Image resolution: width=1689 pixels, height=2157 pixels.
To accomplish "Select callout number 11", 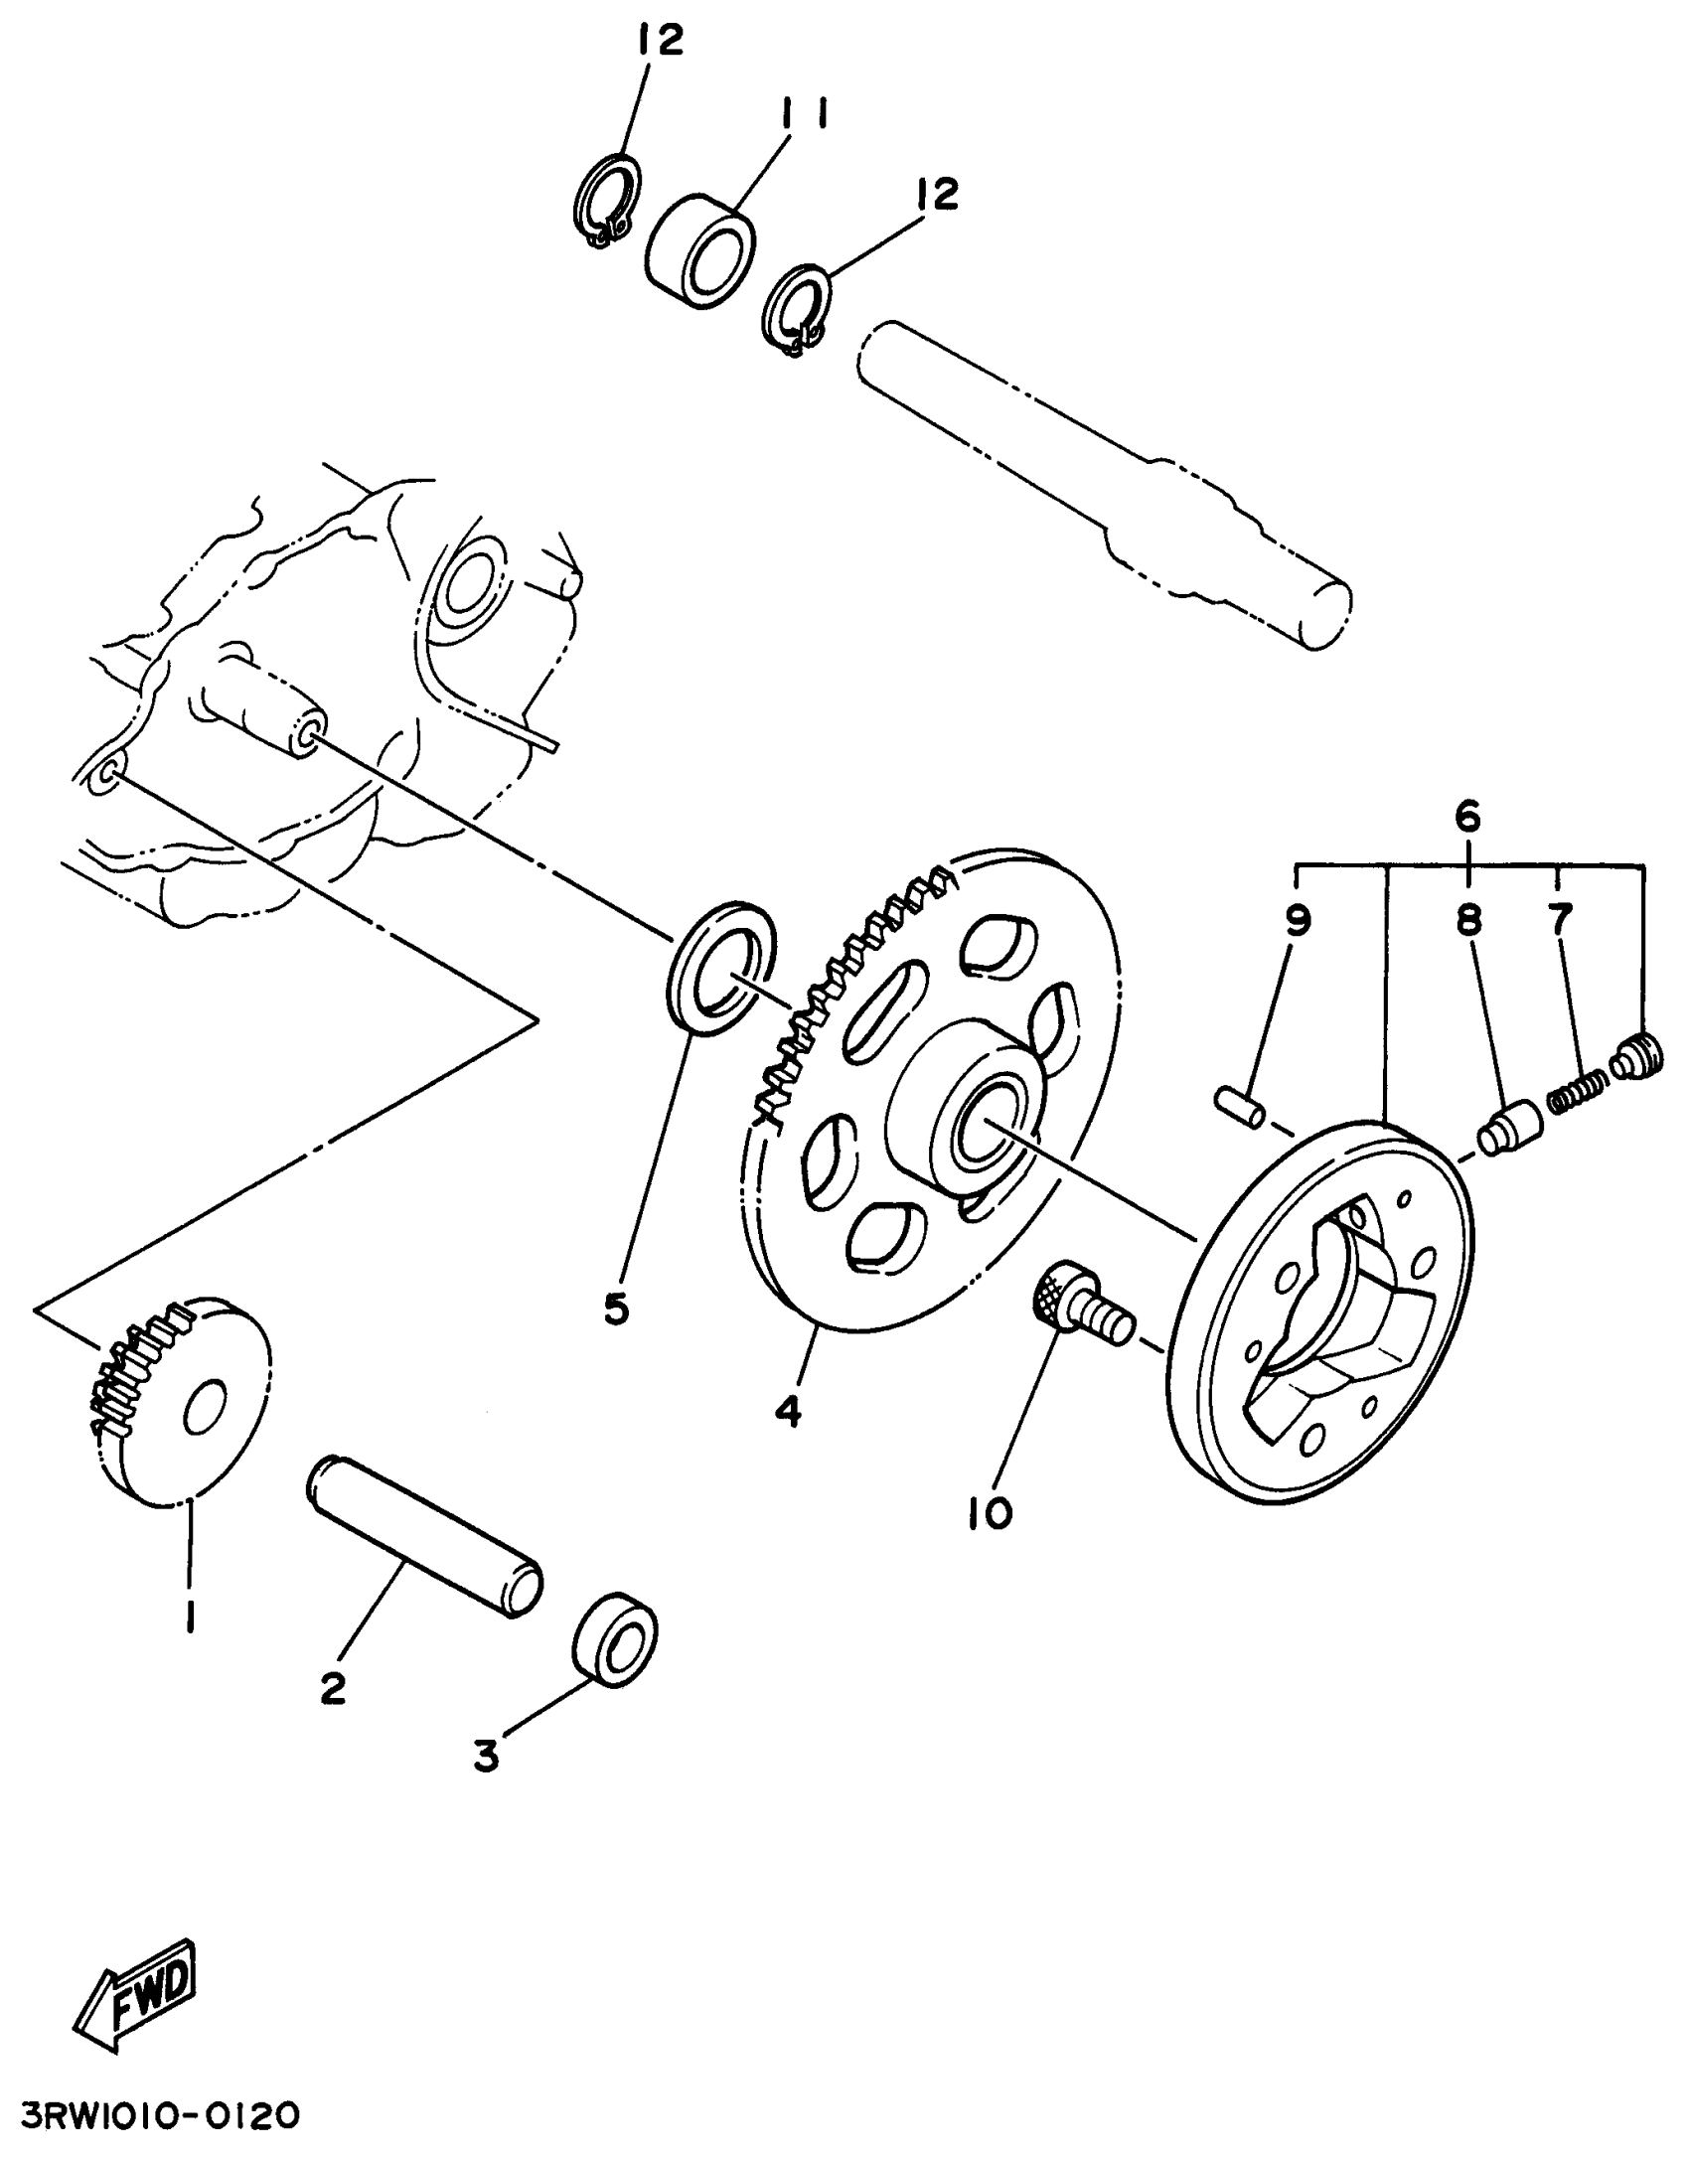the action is pyautogui.click(x=806, y=115).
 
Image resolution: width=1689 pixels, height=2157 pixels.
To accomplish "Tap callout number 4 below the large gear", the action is pyautogui.click(x=788, y=1411).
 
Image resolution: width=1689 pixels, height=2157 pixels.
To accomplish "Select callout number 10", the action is pyautogui.click(x=990, y=1512).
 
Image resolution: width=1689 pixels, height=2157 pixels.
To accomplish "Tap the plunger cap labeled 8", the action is pyautogui.click(x=1510, y=1129).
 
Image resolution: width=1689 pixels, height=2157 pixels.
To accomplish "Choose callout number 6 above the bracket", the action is pyautogui.click(x=1467, y=817).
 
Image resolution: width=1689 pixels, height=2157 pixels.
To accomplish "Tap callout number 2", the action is pyautogui.click(x=333, y=1687).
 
